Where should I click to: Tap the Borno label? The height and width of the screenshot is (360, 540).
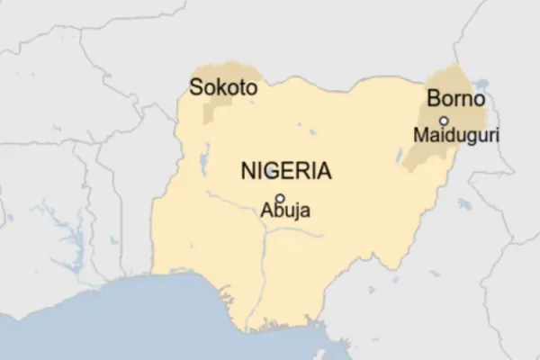456,99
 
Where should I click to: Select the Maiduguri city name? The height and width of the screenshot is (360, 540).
454,136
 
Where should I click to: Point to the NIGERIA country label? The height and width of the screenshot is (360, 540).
284,170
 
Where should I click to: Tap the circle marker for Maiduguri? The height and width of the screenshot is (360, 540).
443,120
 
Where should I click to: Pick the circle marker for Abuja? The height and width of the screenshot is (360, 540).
280,198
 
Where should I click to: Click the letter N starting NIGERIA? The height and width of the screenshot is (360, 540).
246,170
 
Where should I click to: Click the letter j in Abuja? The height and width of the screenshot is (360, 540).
289,215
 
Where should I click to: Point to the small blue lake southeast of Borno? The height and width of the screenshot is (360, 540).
463,204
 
